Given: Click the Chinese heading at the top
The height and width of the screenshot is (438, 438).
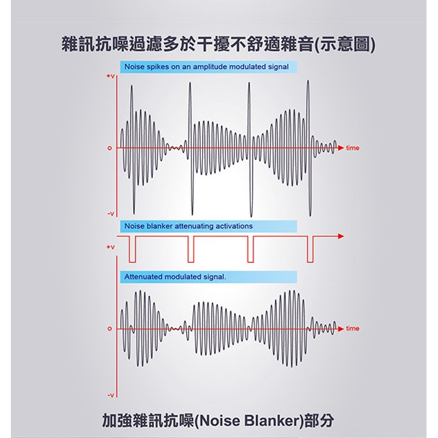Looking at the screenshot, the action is click(219, 44).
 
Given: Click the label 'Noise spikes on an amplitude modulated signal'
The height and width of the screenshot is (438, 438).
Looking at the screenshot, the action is click(207, 66).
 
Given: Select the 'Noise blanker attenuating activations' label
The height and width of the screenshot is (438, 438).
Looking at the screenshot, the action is click(189, 226).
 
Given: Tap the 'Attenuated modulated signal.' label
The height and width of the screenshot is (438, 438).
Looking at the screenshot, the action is click(175, 277).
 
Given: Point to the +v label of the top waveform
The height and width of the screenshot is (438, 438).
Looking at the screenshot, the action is click(111, 76).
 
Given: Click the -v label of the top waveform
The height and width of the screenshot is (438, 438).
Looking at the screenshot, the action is click(111, 214).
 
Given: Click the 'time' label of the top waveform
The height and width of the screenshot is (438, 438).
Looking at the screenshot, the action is click(352, 148).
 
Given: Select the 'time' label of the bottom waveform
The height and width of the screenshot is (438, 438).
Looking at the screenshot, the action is click(352, 328).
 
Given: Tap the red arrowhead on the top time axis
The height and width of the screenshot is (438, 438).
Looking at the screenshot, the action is click(341, 148).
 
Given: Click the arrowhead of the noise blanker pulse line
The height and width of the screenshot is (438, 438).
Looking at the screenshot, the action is click(341, 237).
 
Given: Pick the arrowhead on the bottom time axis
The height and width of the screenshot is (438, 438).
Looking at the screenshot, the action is click(341, 329).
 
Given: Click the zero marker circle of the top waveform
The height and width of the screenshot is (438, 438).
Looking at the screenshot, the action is click(110, 148).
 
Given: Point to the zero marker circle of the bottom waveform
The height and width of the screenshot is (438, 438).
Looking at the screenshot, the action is click(110, 329).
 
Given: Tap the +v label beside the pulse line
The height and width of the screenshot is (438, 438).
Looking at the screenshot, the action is click(111, 247).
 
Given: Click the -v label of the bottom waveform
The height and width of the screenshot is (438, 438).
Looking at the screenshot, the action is click(111, 395).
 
